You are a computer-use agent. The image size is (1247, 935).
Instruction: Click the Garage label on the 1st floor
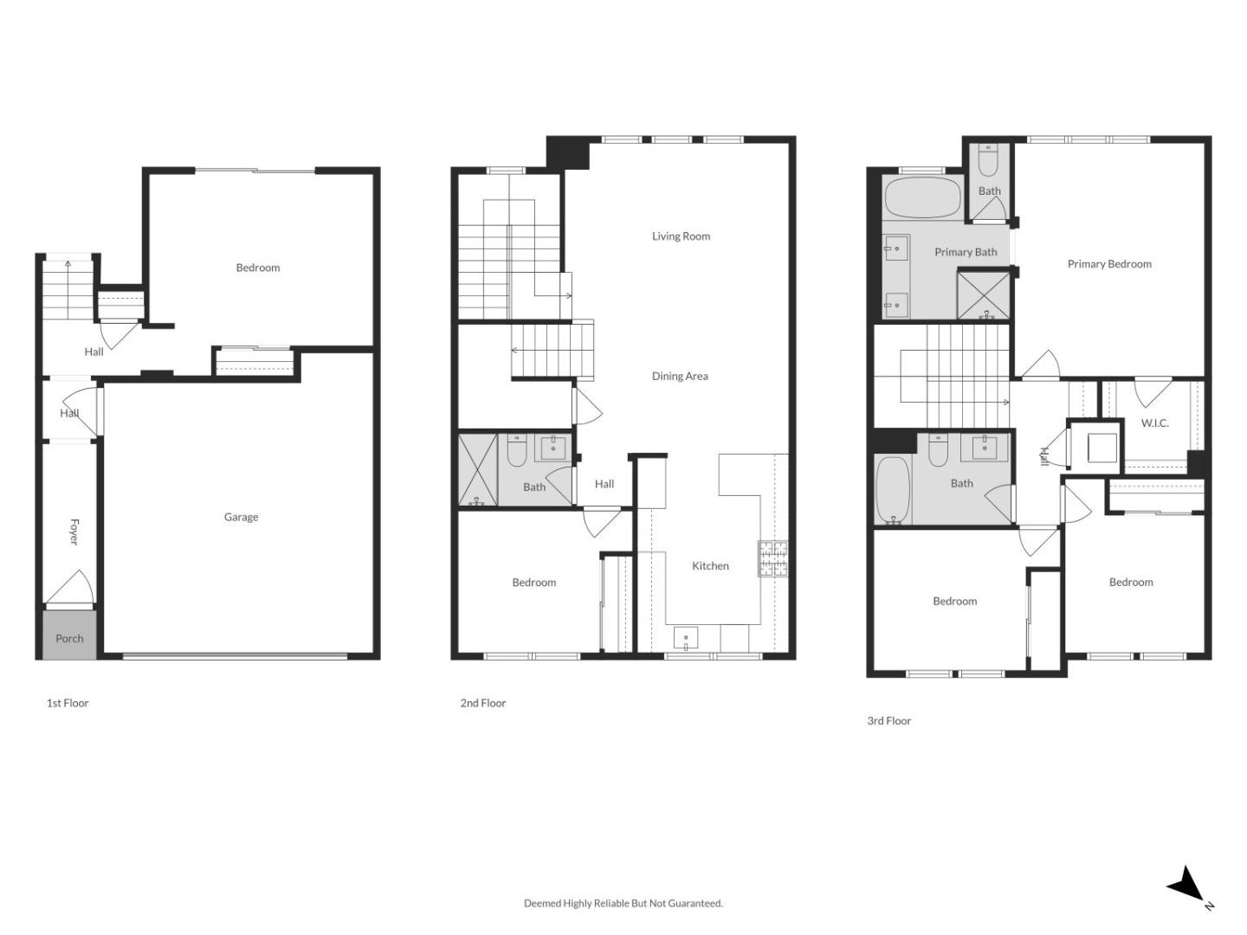[x=241, y=517]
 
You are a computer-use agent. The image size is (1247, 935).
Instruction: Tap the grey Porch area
[x=69, y=638]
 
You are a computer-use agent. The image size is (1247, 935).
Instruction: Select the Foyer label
[x=74, y=532]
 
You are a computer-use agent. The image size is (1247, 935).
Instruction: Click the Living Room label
[x=681, y=235]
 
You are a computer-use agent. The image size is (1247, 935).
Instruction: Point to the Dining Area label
[x=680, y=376]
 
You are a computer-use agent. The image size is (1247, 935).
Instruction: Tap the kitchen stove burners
[x=772, y=558]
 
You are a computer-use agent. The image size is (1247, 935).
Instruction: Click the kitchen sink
[x=686, y=639]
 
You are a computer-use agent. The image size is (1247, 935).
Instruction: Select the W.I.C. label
[x=1154, y=422]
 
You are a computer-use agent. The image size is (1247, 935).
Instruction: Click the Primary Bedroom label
[x=1109, y=264]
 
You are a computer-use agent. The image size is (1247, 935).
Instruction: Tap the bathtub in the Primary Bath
[x=922, y=198]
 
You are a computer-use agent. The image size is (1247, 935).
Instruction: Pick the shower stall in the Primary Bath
[x=983, y=295]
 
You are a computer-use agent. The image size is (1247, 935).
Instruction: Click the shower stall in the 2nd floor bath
[x=477, y=469]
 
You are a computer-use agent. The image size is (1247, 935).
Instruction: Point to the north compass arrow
[x=1187, y=886]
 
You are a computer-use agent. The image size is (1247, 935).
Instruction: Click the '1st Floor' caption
[x=68, y=703]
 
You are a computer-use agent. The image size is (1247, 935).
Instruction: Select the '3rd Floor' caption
[x=888, y=720]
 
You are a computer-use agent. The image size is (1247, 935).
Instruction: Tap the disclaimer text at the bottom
[x=623, y=903]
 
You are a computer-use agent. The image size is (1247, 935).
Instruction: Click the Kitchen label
[x=710, y=565]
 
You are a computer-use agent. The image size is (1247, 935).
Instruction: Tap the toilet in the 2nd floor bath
[x=517, y=449]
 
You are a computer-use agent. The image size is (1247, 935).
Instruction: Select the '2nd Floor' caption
[x=482, y=703]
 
